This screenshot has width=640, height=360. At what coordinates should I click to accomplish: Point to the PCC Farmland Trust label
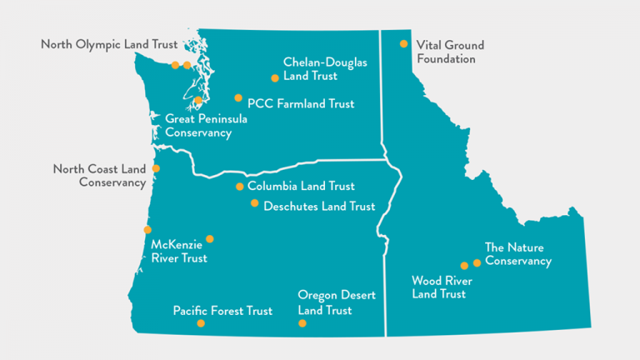(x=301, y=104)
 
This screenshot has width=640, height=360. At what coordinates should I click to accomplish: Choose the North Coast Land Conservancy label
(x=99, y=175)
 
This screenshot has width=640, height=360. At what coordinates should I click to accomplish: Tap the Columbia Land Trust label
(x=301, y=187)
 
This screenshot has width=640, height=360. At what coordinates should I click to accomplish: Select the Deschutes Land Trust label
(x=319, y=206)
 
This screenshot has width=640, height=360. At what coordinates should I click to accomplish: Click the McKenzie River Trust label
(x=179, y=252)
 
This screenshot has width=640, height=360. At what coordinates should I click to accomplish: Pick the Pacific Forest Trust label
(x=222, y=311)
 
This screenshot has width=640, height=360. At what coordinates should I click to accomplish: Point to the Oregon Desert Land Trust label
(x=337, y=302)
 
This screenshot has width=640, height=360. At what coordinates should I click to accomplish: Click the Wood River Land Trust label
(x=439, y=287)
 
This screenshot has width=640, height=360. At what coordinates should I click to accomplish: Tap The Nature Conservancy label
(x=518, y=254)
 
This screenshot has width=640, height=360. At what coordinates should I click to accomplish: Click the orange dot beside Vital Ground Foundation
(x=404, y=43)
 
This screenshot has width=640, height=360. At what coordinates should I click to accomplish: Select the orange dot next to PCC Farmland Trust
(x=238, y=98)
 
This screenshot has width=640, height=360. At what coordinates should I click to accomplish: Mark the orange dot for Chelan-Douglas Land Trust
(x=275, y=78)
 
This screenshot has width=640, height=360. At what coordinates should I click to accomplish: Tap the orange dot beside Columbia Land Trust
(x=240, y=187)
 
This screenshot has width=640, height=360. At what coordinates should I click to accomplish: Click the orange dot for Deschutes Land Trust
(x=255, y=203)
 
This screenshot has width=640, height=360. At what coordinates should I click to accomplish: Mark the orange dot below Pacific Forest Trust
(x=201, y=323)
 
